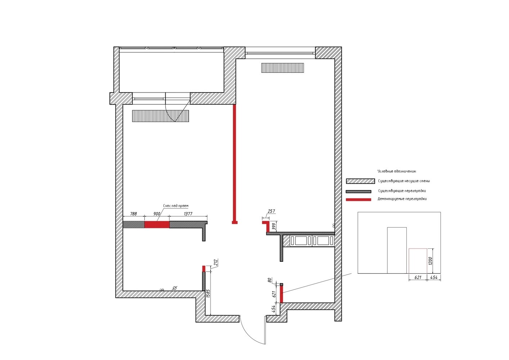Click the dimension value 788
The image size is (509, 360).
[134, 213]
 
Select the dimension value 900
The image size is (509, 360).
[157, 213]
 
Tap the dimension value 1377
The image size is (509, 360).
[188, 213]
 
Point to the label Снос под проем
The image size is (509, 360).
[176, 206]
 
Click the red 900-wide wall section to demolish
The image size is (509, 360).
[157, 225]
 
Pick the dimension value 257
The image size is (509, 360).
[271, 211]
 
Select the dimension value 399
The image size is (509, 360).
[274, 226]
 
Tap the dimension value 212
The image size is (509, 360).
[216, 262]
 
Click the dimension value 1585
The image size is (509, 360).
[208, 293]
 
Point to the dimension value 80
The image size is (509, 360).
[270, 280]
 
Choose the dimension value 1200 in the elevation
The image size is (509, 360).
[430, 261]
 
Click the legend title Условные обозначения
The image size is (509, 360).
[397, 171]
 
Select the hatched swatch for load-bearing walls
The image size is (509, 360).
[360, 181]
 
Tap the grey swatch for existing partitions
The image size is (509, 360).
[359, 192]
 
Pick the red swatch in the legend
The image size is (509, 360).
[359, 199]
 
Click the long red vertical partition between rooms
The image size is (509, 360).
[235, 164]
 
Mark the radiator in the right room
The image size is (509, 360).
[283, 68]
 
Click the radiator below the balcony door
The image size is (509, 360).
[161, 116]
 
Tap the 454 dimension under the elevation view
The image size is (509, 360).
[433, 277]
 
